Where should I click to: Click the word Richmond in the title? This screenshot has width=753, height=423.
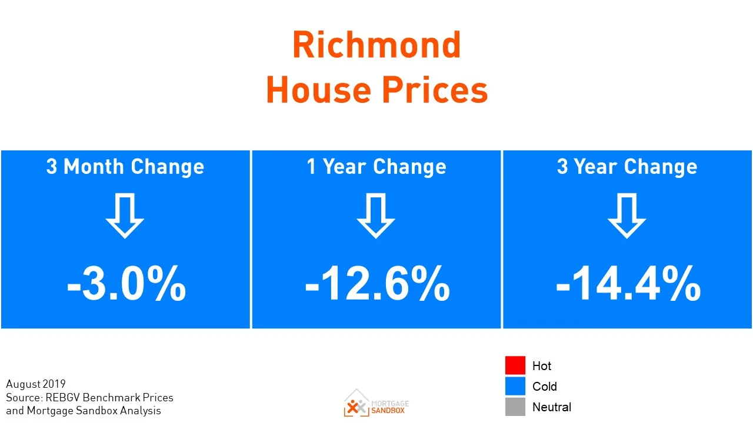376,45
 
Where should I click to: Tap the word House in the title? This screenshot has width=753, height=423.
318,90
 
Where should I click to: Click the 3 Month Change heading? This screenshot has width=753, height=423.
125,167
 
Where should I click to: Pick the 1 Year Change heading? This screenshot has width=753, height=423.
376,167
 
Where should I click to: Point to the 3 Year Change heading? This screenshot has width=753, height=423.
627,167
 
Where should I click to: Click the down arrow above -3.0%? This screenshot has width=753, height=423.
125,216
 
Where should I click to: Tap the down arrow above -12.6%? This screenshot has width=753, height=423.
376,216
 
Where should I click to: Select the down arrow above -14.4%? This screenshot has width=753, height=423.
627,216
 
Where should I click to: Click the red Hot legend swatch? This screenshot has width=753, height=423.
515,365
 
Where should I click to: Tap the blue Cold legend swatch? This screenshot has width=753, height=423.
515,386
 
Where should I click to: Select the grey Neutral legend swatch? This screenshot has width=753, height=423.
515,407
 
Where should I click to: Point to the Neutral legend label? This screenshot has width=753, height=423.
552,407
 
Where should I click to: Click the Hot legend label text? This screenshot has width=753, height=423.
542,365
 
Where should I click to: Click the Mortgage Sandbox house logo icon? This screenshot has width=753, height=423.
356,402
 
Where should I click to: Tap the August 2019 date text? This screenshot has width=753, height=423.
36,384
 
